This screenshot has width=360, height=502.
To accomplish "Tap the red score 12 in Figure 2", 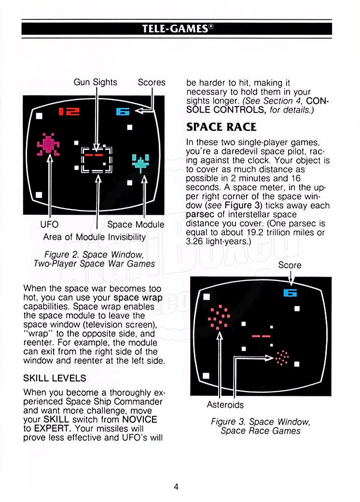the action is tap(69, 112).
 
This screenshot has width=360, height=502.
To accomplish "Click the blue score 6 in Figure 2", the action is tap(123, 112).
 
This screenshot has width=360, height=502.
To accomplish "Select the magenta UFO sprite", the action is tap(48, 144).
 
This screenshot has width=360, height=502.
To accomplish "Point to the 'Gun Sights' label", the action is tap(96, 82).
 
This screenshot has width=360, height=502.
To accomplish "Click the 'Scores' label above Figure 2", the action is tap(152, 82).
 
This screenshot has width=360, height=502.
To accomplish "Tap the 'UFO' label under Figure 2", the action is tap(49, 224).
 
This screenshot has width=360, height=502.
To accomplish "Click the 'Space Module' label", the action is tap(136, 224).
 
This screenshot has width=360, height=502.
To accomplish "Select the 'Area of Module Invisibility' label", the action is tap(95, 237).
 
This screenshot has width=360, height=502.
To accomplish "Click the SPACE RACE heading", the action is tap(222, 127).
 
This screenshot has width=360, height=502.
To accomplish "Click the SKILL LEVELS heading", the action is tap(55, 378).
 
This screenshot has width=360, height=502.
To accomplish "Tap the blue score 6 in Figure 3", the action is tap(290, 293).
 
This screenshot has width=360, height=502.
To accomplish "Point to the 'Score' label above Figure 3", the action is tap(290, 265).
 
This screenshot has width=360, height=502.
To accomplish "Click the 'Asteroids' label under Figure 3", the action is tap(225, 404).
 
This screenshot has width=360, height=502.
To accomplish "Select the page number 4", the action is tap(176, 487).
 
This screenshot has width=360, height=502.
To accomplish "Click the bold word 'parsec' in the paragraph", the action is tap(200, 214).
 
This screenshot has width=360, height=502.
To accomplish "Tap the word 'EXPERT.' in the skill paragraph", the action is tap(52, 428).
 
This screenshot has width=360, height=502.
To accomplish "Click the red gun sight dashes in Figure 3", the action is tap(261, 336).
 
